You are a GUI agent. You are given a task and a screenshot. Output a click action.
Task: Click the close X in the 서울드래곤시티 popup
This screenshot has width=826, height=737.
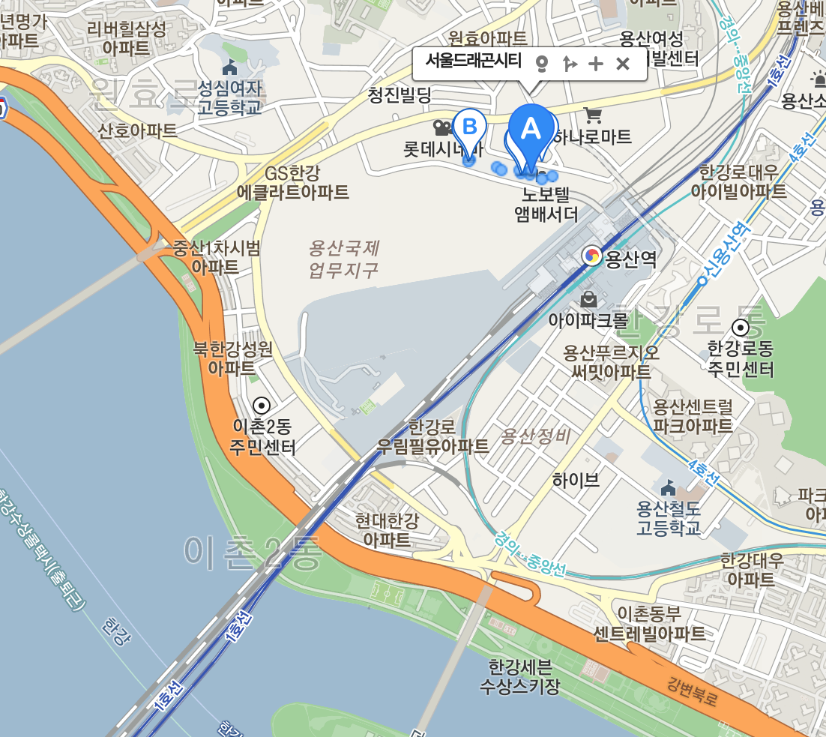pos(622,64)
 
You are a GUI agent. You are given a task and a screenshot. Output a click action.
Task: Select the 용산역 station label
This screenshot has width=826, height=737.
pos(630,259)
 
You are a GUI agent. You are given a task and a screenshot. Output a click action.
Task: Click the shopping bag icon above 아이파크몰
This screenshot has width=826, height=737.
pos(589,300)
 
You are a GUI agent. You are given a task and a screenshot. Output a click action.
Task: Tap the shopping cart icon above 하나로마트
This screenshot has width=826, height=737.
pos(593,115)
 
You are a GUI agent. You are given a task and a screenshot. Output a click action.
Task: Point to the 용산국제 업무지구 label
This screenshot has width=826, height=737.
pos(343,259)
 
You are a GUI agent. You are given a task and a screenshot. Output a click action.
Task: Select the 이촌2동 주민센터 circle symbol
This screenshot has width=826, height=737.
pos(262,406)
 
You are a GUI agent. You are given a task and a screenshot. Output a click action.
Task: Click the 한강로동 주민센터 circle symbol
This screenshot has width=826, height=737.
pos(741,328)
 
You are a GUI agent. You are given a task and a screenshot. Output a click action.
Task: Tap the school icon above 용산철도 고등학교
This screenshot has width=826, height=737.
pos(668,488)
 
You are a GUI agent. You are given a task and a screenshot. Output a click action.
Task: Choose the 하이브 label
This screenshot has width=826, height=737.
pos(576,480)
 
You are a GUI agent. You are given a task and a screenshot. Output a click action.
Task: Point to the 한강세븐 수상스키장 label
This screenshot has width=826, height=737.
pos(519,676)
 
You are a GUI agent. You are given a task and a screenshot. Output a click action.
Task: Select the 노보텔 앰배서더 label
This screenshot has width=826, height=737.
pos(546,205)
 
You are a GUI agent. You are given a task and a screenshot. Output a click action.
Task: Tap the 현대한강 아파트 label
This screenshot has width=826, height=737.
pos(387,529)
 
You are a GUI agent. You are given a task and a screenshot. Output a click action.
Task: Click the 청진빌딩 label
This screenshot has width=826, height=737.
pos(400,95)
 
